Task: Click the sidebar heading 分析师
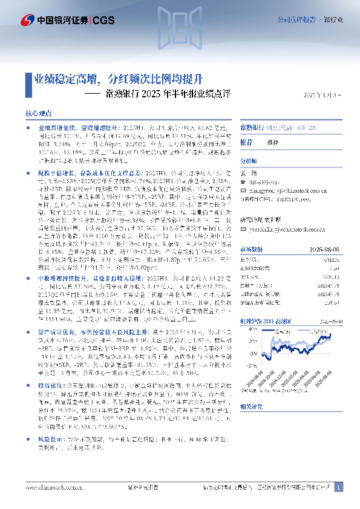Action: click(x=249, y=161)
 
